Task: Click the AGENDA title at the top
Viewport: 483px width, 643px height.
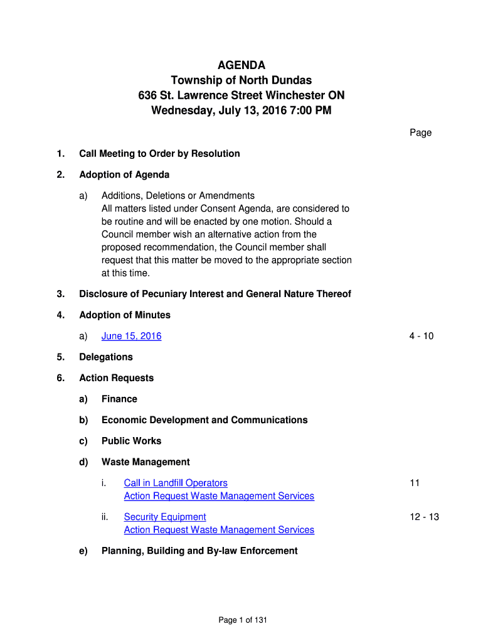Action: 242,65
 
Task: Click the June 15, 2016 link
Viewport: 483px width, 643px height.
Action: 131,336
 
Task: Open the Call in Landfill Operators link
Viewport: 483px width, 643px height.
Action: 176,483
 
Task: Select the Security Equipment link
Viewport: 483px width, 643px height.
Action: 165,517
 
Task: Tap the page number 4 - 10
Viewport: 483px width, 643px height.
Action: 421,336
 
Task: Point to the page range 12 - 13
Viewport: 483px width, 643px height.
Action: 424,517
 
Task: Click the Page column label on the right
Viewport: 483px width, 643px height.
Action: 420,132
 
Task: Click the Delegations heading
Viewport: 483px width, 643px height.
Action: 105,357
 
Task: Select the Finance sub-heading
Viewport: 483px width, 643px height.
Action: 119,399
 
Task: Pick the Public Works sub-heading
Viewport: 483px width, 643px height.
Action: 131,441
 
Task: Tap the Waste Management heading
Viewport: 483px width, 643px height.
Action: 146,462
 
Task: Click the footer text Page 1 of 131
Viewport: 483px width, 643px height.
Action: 243,620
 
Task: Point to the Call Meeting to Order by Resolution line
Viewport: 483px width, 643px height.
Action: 159,154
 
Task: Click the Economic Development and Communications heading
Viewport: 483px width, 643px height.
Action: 204,419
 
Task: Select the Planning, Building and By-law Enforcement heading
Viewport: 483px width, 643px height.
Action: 199,551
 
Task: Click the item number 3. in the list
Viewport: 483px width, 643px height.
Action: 60,294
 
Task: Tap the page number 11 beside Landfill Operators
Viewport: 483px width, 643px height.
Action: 414,483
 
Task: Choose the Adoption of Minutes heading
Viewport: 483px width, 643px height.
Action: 125,315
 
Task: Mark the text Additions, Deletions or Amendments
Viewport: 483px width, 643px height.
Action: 178,195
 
